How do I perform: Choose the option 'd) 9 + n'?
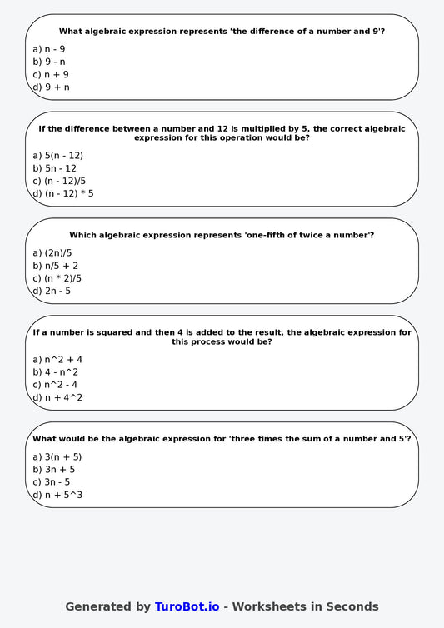[51, 87]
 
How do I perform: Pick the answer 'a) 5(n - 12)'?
[57, 156]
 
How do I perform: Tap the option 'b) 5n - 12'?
[54, 168]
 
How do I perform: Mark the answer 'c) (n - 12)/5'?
[59, 181]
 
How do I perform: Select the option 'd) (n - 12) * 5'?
[62, 193]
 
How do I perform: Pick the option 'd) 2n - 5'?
[52, 291]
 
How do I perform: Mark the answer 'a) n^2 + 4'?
[57, 360]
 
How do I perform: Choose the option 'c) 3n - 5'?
[51, 482]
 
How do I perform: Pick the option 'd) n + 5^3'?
[57, 495]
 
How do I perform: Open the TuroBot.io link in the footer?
[187, 606]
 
